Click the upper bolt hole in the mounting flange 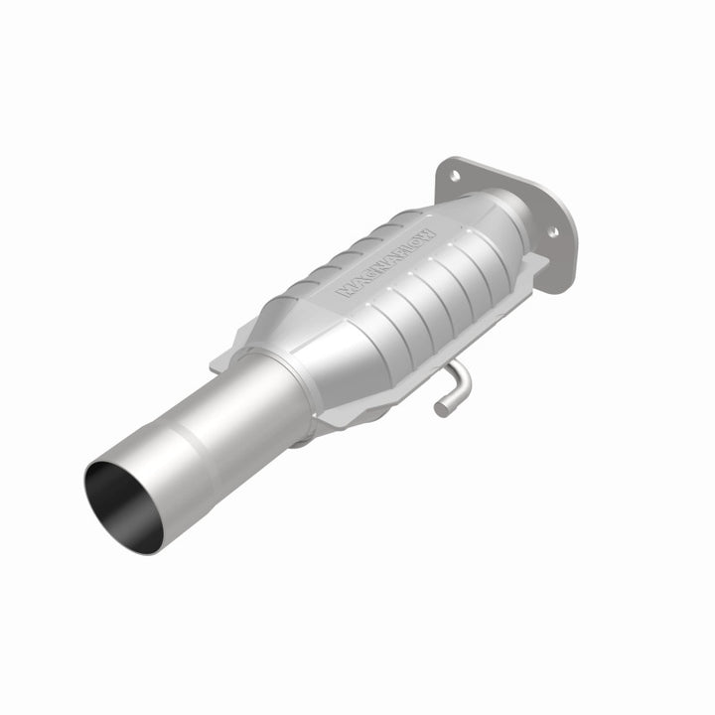454,175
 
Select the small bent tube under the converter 452,387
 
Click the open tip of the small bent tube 439,407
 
